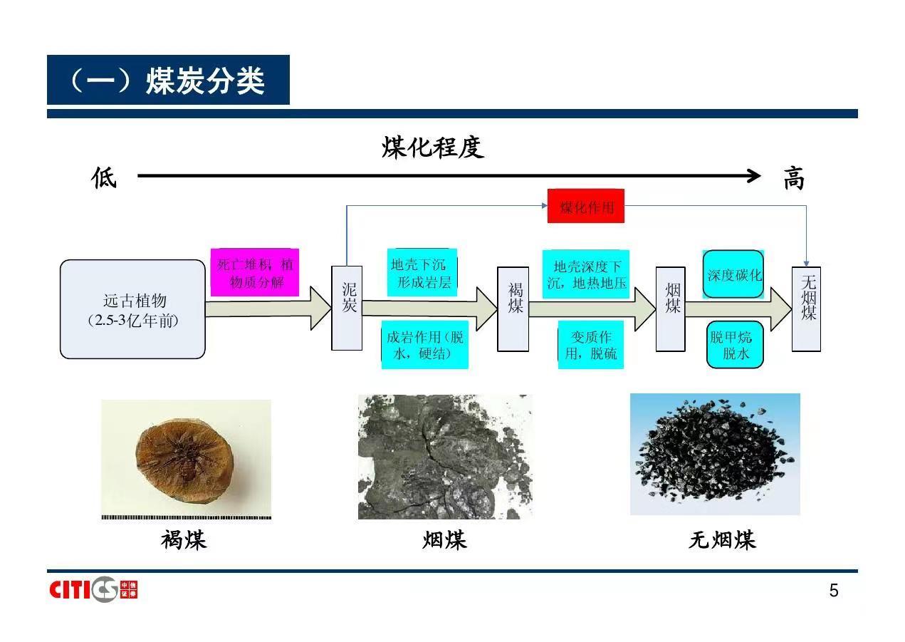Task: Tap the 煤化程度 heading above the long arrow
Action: point(432,147)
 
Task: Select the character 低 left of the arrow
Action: point(104,177)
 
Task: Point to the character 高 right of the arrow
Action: point(793,178)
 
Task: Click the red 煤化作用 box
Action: point(585,206)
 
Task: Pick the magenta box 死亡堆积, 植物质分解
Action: point(255,273)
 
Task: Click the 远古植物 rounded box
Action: point(132,309)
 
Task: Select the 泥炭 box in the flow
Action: point(347,307)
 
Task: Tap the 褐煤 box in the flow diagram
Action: point(513,309)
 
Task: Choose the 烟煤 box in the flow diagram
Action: point(670,309)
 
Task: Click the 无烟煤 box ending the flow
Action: point(806,309)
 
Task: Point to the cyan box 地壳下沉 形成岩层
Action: point(422,273)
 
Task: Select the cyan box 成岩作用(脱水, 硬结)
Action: point(425,345)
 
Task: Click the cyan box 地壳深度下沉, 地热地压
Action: point(587,274)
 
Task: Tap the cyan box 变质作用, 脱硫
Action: point(591,345)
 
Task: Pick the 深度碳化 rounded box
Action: point(733,274)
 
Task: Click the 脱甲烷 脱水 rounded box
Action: point(734,345)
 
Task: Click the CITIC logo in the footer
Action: point(93,589)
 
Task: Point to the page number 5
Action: point(834,591)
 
